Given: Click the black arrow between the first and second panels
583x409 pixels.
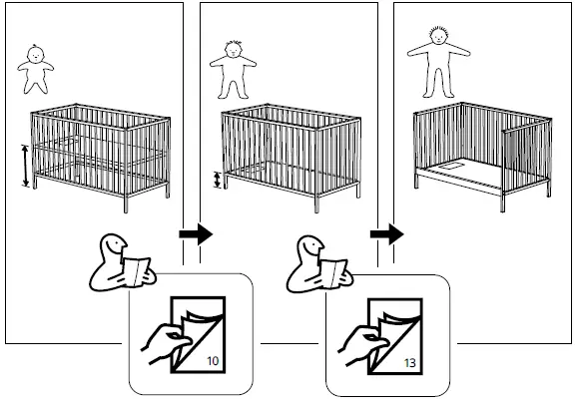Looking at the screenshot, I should click(195, 236).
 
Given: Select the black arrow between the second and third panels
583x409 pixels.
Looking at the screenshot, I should click(385, 236).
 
